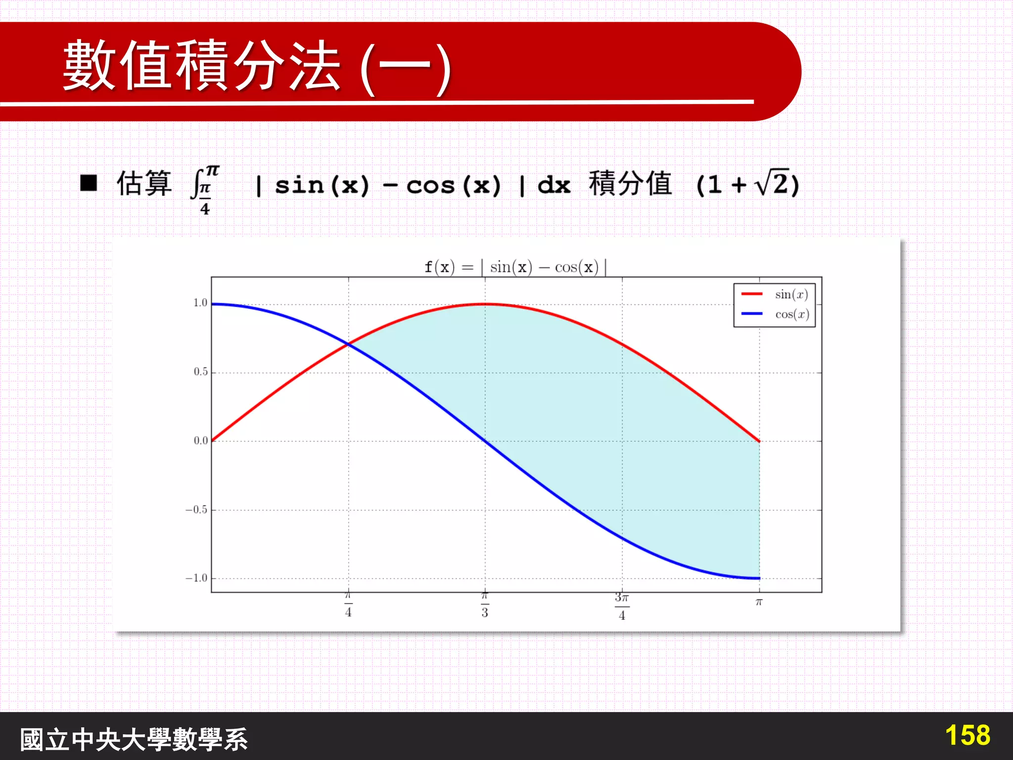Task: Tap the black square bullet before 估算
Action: point(89,183)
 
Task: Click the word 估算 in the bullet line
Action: point(144,184)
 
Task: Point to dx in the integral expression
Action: point(554,185)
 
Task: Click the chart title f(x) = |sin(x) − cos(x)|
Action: point(515,267)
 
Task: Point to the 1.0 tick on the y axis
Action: point(200,303)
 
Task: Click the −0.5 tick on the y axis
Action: point(196,510)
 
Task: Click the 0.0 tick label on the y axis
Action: point(200,440)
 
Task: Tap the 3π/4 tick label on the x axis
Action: point(622,606)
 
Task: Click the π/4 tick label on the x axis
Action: point(348,605)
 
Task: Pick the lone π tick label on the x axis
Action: point(759,602)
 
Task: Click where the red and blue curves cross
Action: point(349,344)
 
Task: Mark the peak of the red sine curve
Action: point(485,304)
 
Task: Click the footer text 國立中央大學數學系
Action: point(134,739)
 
